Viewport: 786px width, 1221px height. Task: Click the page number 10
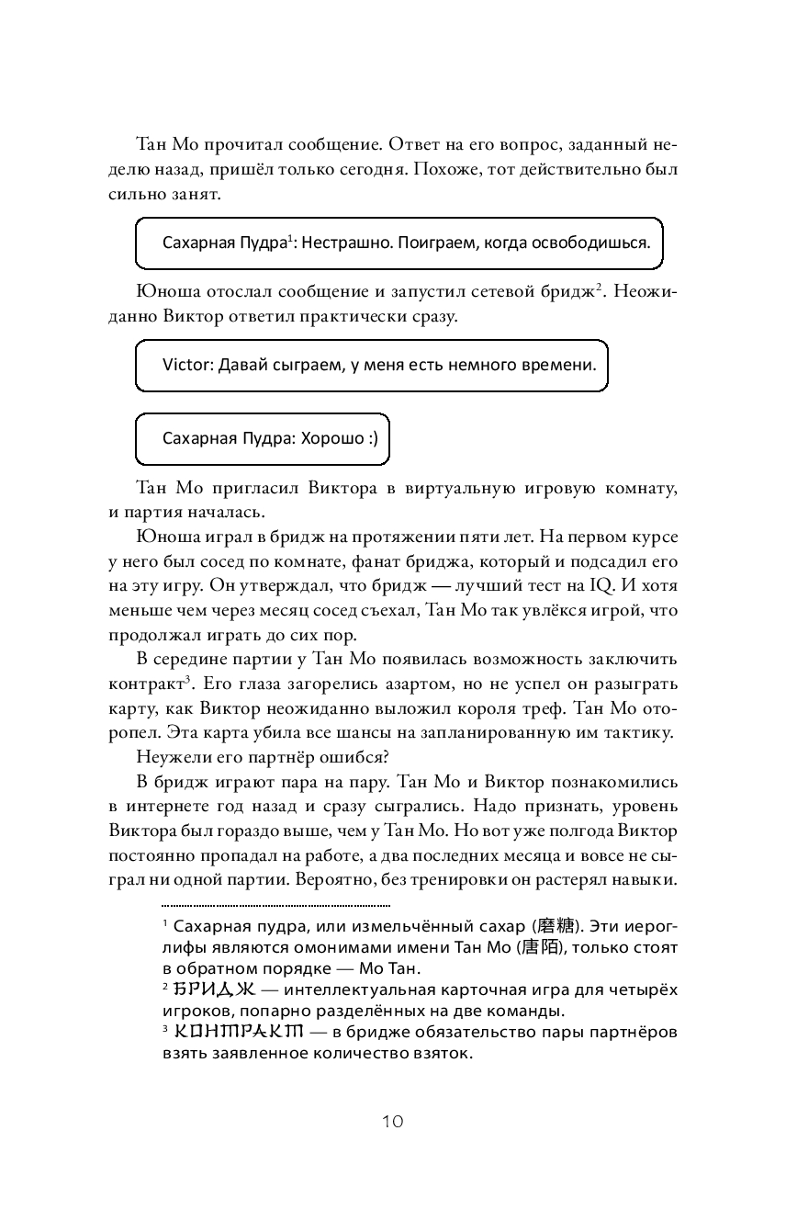click(392, 1122)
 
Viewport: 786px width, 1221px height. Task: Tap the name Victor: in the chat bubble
click(187, 365)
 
